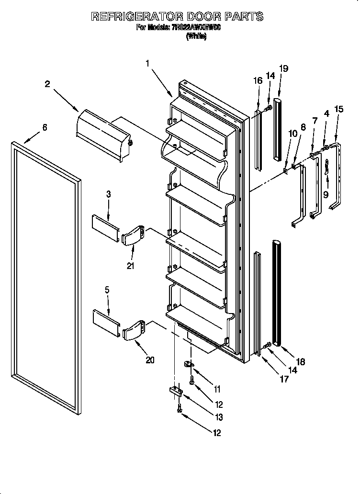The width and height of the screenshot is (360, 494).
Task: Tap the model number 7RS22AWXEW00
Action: tap(194, 27)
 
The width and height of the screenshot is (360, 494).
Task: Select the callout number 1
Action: tap(148, 63)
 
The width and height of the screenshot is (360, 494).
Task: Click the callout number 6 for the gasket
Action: tap(45, 127)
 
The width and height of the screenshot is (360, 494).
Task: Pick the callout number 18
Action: tap(301, 362)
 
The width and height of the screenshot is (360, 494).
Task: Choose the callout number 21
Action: tap(130, 266)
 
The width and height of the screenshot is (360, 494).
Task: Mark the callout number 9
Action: tap(326, 194)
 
